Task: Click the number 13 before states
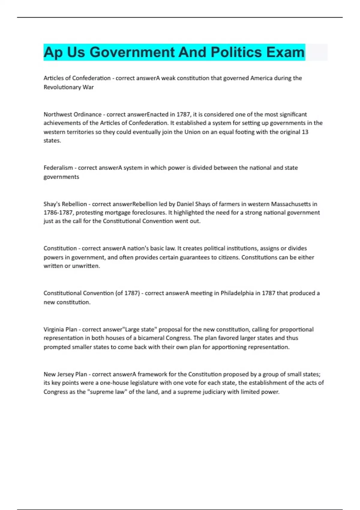(305, 132)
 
